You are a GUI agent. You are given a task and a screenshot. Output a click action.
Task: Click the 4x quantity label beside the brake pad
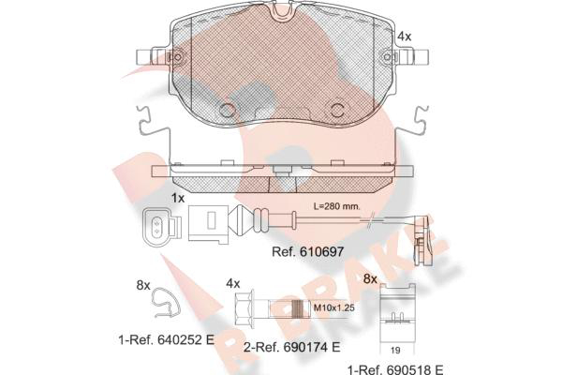pos(405,37)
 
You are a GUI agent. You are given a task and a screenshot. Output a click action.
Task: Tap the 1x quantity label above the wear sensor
pos(177,198)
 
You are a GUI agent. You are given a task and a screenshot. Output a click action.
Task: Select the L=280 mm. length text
pos(337,206)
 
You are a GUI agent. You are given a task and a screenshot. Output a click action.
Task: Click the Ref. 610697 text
pos(307,251)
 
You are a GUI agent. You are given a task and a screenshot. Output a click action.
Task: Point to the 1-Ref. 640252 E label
pos(167,339)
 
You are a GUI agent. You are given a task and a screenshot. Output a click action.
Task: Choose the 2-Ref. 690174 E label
pos(291,347)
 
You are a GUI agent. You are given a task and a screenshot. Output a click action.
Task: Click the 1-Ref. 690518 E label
pos(395,369)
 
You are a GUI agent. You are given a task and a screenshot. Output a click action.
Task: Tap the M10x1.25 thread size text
pos(333,307)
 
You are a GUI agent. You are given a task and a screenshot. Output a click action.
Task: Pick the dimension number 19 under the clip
pos(395,350)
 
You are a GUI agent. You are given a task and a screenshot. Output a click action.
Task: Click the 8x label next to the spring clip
pos(143,285)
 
